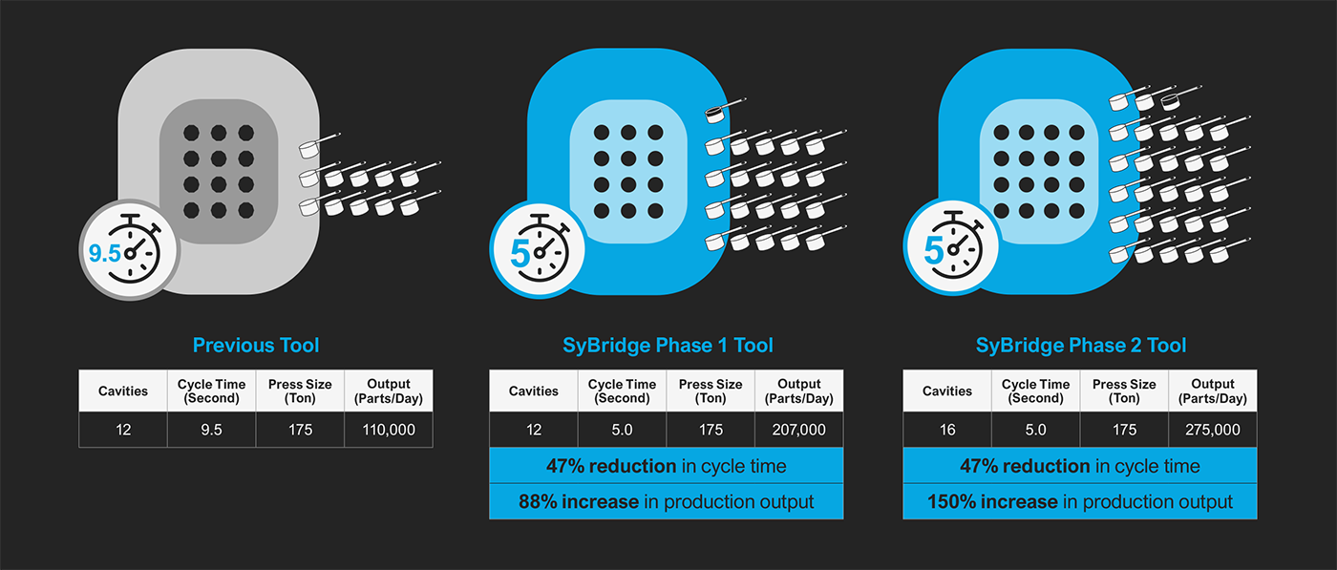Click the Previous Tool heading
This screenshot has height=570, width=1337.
(256, 345)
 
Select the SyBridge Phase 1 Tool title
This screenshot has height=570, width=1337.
(667, 345)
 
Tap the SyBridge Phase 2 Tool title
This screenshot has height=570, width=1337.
(1080, 345)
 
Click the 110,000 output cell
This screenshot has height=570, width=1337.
(389, 430)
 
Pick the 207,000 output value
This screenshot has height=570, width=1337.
(799, 430)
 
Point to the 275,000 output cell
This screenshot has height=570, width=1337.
(1213, 430)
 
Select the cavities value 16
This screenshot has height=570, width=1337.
(947, 430)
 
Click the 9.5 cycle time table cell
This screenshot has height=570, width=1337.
(212, 430)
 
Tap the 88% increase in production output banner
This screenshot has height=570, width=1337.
(667, 501)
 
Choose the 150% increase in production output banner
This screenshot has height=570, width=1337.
(1080, 501)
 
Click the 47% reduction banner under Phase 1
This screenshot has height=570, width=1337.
(667, 466)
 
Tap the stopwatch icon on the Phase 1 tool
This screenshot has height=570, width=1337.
(538, 248)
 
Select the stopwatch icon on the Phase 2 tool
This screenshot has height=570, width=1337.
(951, 248)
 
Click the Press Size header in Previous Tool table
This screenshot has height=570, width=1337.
(300, 391)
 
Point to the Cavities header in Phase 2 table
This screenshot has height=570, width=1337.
(947, 391)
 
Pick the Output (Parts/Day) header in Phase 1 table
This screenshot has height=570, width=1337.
(799, 391)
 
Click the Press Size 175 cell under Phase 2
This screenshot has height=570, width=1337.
(1124, 430)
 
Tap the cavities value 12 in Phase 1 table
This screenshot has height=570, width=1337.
(534, 430)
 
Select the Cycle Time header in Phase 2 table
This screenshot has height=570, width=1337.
(1035, 391)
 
